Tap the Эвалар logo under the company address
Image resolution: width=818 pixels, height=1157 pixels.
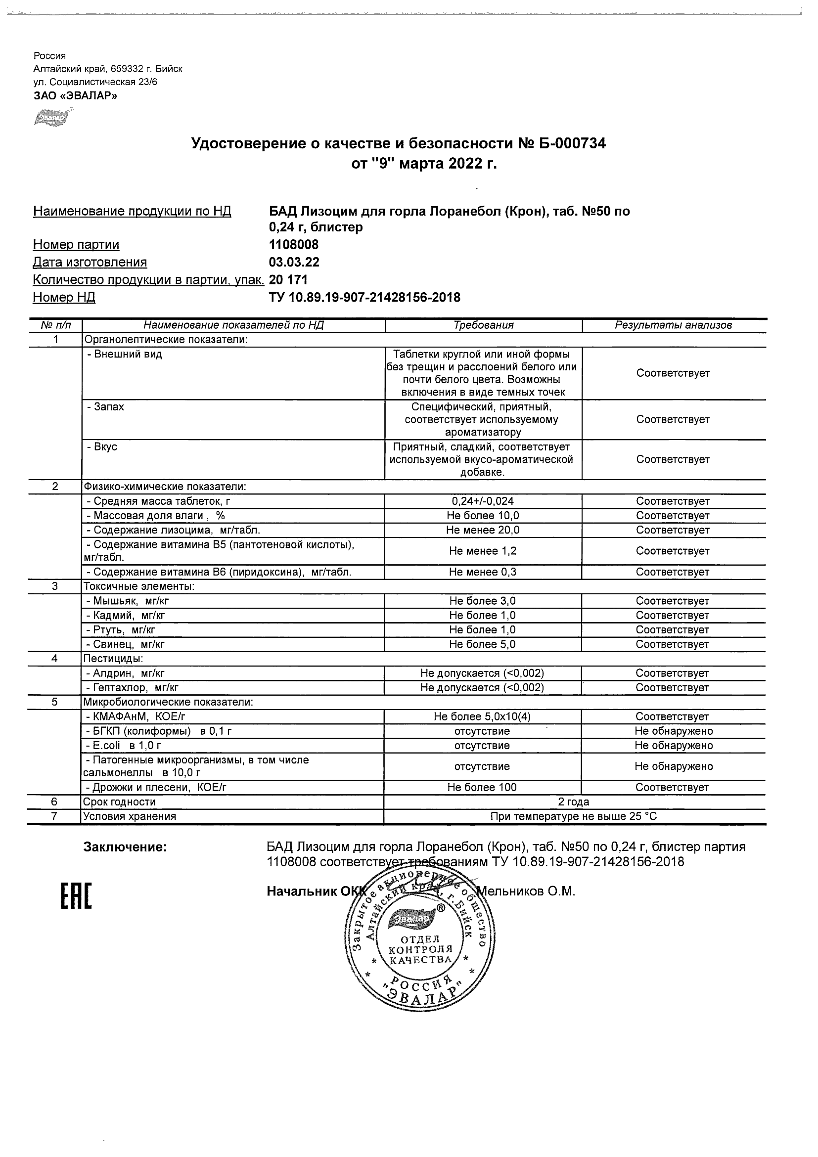coord(51,117)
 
